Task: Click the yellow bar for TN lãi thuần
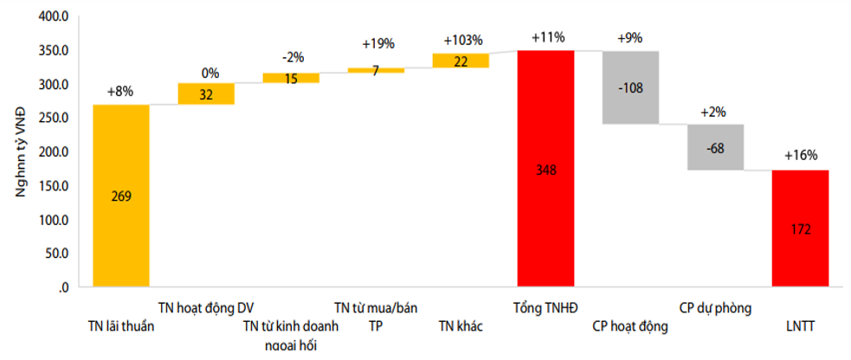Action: (121, 196)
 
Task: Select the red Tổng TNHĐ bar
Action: (545, 169)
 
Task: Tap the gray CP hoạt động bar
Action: (630, 87)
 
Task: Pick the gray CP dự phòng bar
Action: (715, 147)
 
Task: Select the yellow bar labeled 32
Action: (206, 94)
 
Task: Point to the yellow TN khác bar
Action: (461, 61)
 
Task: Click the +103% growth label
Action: (462, 40)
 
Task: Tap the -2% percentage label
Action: (292, 57)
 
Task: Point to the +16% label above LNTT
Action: (800, 156)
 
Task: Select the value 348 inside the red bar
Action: (546, 170)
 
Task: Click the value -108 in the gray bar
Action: (631, 87)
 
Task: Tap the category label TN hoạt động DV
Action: (206, 307)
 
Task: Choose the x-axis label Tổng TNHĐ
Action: (545, 307)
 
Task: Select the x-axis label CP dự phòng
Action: (715, 307)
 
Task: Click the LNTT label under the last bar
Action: (800, 326)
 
